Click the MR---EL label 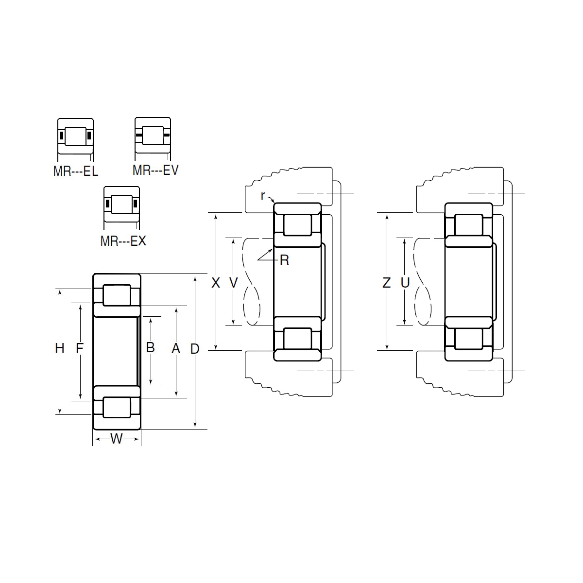(x=76, y=171)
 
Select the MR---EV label (x=155, y=170)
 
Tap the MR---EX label (x=123, y=241)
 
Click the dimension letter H (x=60, y=348)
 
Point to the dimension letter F (x=79, y=348)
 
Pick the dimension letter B (x=150, y=348)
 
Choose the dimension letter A (x=176, y=348)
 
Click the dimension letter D (x=195, y=349)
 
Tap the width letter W (x=117, y=438)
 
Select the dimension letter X (x=215, y=283)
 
